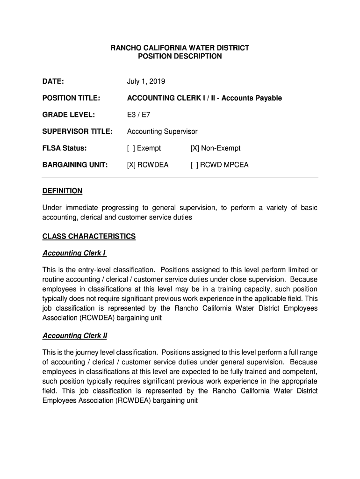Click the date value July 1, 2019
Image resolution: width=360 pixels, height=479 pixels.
coord(146,82)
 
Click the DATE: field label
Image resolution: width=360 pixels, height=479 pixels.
coord(53,82)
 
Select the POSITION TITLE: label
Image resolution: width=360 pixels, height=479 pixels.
coord(71,98)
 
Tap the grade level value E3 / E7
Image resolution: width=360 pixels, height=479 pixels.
coord(138,115)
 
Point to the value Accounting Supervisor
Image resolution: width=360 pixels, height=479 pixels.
coord(162,131)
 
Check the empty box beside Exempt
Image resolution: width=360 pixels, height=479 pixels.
coord(131,148)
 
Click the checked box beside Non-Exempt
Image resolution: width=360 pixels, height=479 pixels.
coord(194,148)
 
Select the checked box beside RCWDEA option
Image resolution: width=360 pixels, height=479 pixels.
coord(131,165)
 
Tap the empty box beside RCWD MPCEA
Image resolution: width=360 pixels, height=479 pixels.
coord(194,165)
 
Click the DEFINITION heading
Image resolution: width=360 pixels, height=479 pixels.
coord(62,191)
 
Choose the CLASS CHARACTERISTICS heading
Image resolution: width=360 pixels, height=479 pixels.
coord(89,236)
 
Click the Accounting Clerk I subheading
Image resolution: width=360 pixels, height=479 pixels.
coord(74,253)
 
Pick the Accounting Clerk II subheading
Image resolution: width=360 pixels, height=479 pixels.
coord(75,336)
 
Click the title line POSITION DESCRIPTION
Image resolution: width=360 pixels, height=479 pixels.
coord(180,56)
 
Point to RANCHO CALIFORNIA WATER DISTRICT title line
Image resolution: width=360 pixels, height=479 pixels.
coord(180,48)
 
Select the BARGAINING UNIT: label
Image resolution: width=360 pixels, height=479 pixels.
coord(75,165)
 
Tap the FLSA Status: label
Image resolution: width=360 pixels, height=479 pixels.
coord(65,148)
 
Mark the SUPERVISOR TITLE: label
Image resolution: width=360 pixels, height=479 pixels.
coord(77,131)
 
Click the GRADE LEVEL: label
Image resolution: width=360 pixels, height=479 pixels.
coord(69,115)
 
